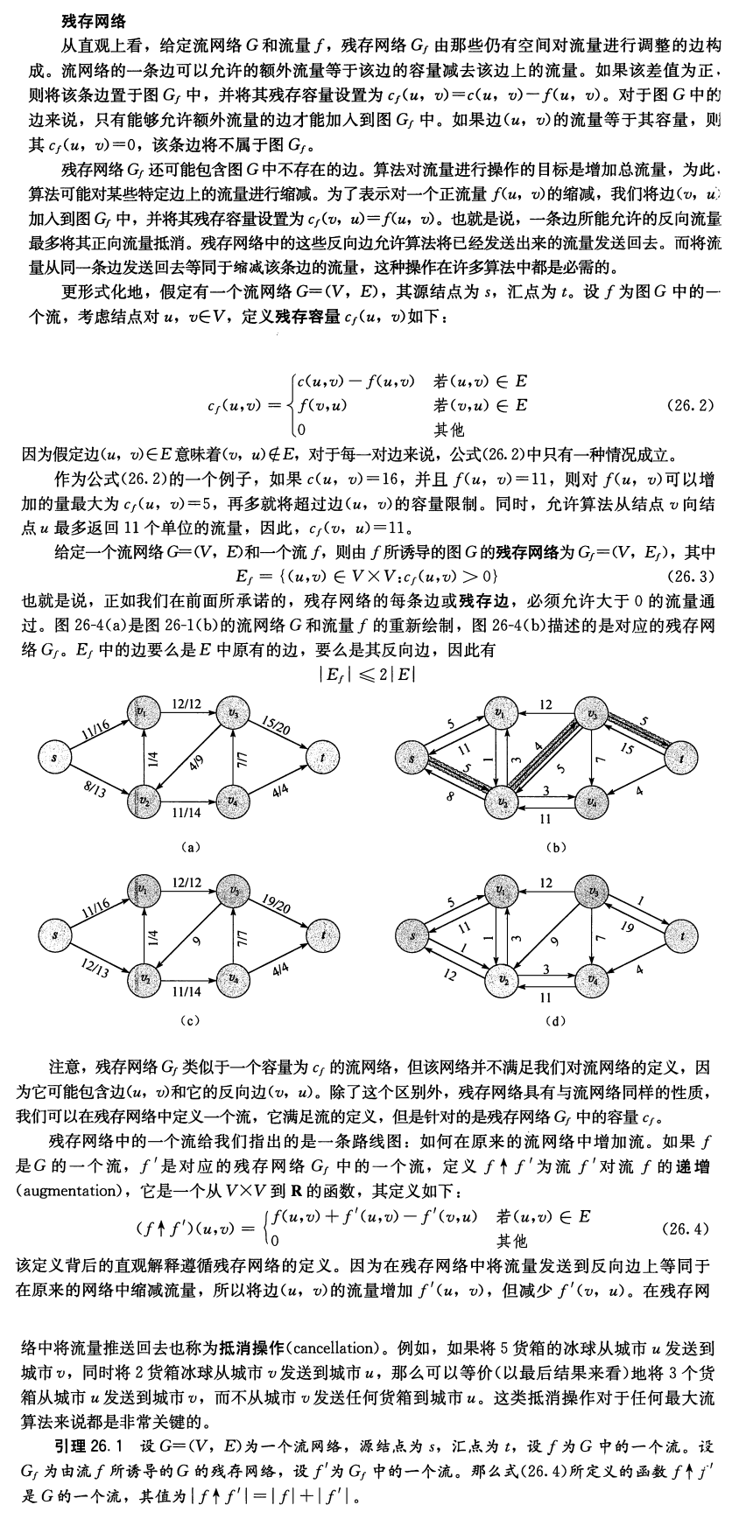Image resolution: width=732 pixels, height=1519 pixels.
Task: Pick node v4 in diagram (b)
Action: [593, 801]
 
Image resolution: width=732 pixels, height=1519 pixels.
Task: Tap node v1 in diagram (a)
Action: [141, 712]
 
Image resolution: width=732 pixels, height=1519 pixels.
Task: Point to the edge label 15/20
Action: [277, 724]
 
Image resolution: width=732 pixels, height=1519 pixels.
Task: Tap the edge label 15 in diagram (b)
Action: [627, 748]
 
